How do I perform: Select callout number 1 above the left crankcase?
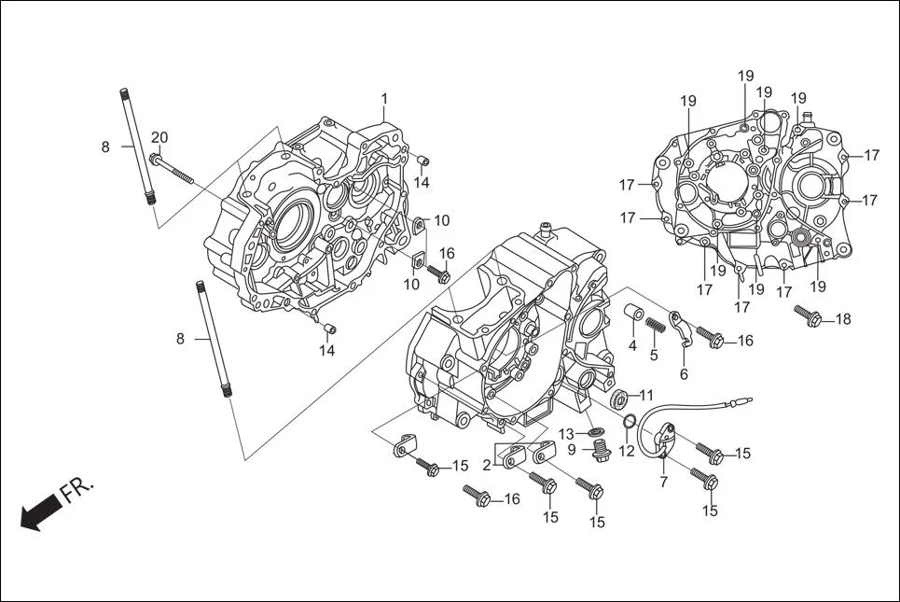click(383, 99)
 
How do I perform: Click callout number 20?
click(159, 138)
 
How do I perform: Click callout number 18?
click(842, 319)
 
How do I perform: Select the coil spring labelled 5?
click(656, 326)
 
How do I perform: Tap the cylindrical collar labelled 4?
click(633, 314)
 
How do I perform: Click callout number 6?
click(684, 373)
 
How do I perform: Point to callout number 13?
click(567, 434)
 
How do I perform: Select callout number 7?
click(663, 482)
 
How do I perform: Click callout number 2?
click(487, 465)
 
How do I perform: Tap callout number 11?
click(646, 395)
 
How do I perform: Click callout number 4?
click(632, 346)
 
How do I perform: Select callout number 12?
click(626, 451)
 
